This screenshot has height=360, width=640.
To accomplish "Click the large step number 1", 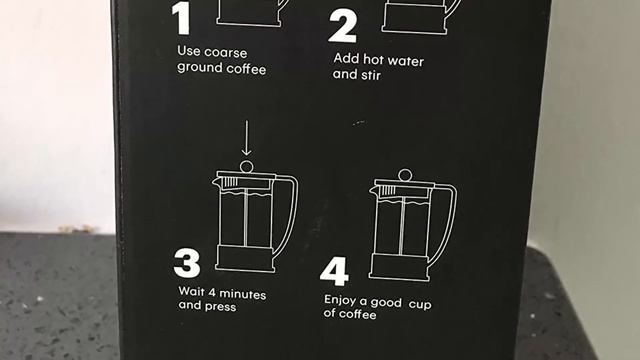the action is (x=182, y=19).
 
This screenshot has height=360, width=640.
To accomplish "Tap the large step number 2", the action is (x=343, y=27).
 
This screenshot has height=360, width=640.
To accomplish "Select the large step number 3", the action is (x=187, y=263).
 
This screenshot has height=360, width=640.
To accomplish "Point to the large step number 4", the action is (x=334, y=271).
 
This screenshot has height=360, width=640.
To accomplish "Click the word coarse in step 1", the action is (x=226, y=53).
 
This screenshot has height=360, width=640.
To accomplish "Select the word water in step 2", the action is (x=405, y=61).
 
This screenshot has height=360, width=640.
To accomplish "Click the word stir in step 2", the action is (x=371, y=75).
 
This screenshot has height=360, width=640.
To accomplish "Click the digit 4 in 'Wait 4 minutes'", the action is (x=211, y=292).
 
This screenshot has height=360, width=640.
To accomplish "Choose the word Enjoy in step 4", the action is (x=340, y=301).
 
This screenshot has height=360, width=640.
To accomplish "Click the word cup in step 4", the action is (x=420, y=304).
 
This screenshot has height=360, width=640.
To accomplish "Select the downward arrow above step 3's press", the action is (x=246, y=138).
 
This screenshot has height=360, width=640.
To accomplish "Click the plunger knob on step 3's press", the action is (x=247, y=167).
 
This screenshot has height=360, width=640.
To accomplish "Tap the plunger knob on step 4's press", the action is (x=405, y=176).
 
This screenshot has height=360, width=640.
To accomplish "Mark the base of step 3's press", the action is (x=245, y=258).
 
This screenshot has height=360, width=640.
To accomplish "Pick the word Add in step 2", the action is (x=346, y=59).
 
